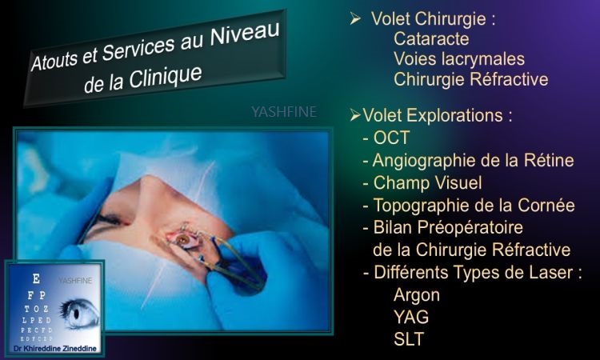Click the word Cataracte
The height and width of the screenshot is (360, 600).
[431, 38]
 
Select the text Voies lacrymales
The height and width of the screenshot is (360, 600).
[459, 59]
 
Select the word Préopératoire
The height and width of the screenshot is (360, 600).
[470, 228]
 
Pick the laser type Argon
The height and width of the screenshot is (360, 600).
[417, 296]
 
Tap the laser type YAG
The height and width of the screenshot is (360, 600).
[411, 317]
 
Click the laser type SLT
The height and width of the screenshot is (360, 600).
[409, 339]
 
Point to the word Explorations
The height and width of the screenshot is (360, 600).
[454, 115]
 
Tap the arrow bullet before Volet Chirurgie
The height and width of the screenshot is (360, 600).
[355, 18]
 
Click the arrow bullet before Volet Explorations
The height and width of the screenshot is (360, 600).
[355, 115]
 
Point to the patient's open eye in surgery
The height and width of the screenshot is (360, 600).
[183, 240]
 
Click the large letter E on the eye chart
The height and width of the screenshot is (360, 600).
[36, 279]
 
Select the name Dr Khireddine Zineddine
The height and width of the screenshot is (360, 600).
[54, 349]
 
